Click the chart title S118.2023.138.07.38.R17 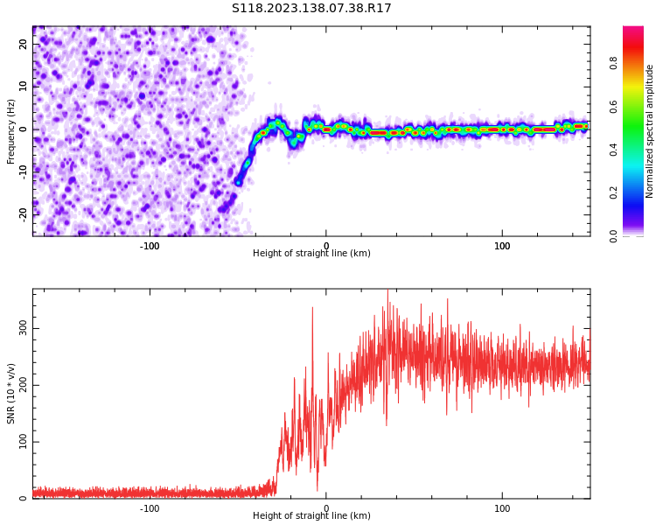point(311,9)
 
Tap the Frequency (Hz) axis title point(11,131)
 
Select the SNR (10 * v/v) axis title point(11,394)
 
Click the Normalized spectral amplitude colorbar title point(650,131)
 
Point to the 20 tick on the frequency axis point(24,45)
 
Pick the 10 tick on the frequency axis point(24,87)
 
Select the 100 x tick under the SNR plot point(502,508)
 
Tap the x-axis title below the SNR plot point(311,516)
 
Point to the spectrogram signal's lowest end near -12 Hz point(238,182)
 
